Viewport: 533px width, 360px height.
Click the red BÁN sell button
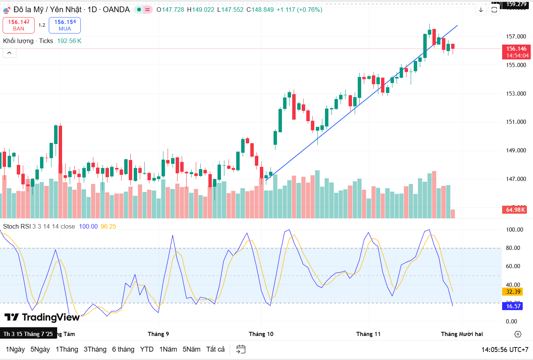click(19, 25)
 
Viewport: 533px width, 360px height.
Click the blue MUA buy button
click(65, 25)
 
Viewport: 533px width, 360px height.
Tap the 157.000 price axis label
click(516, 37)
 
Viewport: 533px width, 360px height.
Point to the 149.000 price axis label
click(516, 150)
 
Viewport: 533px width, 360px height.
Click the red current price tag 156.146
click(516, 52)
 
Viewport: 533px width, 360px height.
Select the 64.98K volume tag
click(515, 210)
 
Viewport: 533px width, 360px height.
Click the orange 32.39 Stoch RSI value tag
click(513, 292)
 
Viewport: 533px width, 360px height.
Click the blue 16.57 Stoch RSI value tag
click(513, 306)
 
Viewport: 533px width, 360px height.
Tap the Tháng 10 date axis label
click(261, 334)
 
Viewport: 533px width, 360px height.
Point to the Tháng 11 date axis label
click(368, 334)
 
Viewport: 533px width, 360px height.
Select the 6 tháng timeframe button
click(123, 349)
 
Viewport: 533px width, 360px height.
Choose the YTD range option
click(147, 349)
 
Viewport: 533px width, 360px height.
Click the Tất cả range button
click(215, 349)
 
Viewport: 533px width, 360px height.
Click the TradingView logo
click(42, 317)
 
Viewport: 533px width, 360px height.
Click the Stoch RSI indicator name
click(17, 226)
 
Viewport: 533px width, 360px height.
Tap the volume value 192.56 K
click(69, 41)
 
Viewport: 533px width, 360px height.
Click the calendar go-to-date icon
click(241, 349)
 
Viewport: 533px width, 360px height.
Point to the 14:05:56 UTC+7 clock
click(505, 350)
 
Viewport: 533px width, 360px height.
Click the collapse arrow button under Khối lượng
click(10, 53)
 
